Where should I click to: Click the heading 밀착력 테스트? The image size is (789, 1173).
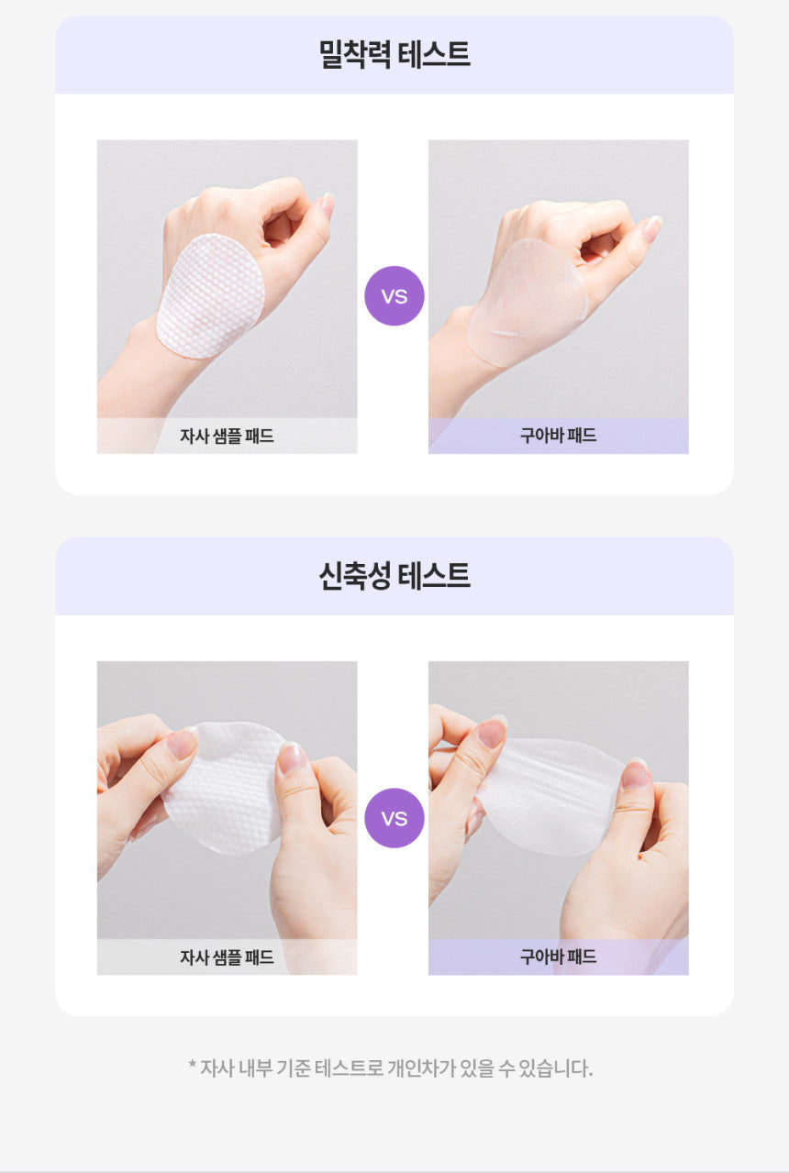pos(394,54)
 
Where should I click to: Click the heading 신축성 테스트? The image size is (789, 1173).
pos(394,576)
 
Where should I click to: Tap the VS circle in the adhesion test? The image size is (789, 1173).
pos(394,296)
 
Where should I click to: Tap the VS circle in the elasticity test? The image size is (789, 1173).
pos(394,818)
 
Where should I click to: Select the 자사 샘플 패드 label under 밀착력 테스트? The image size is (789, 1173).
pos(227,436)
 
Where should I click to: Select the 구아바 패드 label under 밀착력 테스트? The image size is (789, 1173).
pos(558,435)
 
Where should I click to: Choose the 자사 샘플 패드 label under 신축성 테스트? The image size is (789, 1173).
pos(227,957)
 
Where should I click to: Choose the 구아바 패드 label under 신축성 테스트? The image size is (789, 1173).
pos(558,957)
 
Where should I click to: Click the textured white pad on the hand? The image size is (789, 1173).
pos(211,296)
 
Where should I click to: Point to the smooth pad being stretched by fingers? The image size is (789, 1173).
pos(550,796)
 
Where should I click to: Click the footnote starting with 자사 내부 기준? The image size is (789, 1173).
pos(391,1068)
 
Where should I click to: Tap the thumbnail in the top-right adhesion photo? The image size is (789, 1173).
pos(651,228)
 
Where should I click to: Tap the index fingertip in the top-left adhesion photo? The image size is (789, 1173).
pos(327,205)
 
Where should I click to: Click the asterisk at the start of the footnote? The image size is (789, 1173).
pos(193,1065)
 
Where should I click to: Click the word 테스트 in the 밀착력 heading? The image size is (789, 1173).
pos(433,54)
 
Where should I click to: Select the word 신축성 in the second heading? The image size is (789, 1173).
pos(354,576)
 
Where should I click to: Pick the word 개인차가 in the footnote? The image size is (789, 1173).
pos(422,1068)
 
